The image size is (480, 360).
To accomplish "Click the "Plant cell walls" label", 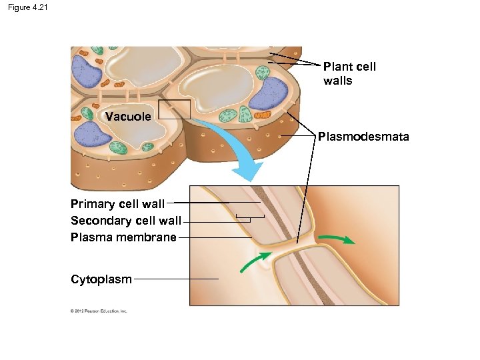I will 349,73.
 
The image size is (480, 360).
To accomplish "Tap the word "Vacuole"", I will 128,117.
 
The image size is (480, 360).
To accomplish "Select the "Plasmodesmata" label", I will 363,137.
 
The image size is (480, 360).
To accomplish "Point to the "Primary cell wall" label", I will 117,204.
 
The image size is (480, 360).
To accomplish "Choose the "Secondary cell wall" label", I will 126,221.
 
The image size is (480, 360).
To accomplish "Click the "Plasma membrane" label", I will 123,237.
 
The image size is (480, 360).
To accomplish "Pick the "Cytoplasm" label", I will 101,279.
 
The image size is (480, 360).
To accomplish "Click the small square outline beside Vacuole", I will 174,109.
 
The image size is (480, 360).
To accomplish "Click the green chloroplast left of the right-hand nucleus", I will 228,114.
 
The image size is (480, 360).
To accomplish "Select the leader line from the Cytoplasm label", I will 176,279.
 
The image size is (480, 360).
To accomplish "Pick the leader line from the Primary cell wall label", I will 200,202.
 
